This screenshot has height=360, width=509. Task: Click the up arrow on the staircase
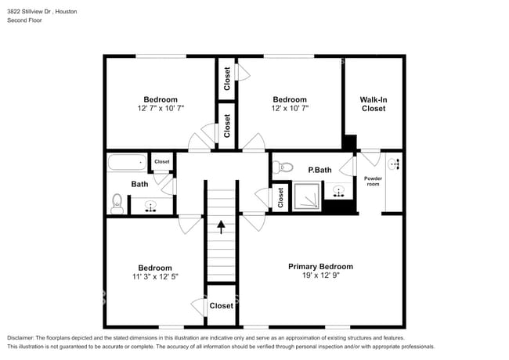[x=222, y=227]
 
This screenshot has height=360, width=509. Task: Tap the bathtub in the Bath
[x=126, y=163]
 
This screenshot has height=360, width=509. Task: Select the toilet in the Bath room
[x=117, y=204]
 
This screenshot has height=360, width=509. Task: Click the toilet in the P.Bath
[x=283, y=166]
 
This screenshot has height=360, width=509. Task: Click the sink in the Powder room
[x=394, y=164]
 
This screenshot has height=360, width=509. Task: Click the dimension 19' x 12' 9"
[x=320, y=275]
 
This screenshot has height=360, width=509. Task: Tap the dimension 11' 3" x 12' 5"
[x=154, y=277]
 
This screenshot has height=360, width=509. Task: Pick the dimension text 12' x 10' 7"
[x=289, y=109]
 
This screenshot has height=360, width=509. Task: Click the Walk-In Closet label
[x=374, y=104]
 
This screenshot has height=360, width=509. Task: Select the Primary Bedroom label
[x=320, y=266]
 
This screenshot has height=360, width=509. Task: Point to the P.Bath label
[x=319, y=170]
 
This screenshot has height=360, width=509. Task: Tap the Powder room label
[x=374, y=181]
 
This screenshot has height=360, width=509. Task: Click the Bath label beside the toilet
[x=139, y=185]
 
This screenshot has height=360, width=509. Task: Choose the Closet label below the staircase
[x=221, y=306]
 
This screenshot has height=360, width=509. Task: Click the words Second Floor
[x=25, y=20]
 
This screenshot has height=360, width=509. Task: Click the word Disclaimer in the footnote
[x=25, y=337]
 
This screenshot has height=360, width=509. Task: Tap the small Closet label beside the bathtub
[x=161, y=162]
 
